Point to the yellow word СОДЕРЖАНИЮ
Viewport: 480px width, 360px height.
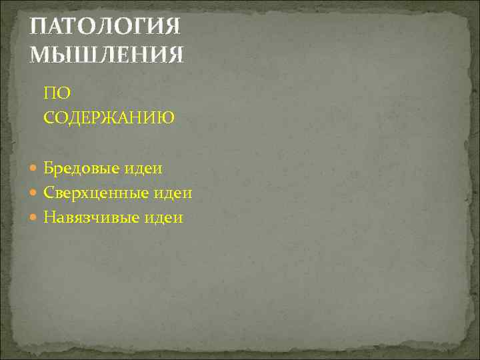tap(109, 118)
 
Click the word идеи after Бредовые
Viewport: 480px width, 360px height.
tap(144, 169)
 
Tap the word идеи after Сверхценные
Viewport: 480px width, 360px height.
tap(171, 193)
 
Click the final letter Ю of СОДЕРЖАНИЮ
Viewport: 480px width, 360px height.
tap(166, 118)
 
